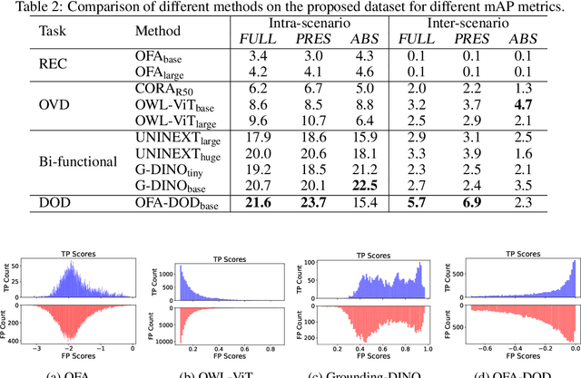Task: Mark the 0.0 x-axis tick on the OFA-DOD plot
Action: [571, 349]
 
